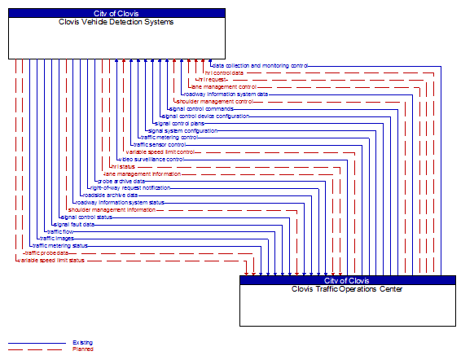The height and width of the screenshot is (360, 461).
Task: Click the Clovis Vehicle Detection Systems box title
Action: pyautogui.click(x=116, y=22)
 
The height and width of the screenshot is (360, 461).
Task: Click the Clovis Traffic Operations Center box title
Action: pyautogui.click(x=348, y=289)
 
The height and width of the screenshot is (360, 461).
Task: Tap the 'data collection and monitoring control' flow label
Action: pyautogui.click(x=260, y=65)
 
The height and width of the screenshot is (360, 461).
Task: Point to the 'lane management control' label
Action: pyautogui.click(x=223, y=86)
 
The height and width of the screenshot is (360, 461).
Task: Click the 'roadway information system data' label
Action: pyautogui.click(x=226, y=94)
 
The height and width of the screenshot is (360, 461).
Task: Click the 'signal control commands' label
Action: pyautogui.click(x=201, y=108)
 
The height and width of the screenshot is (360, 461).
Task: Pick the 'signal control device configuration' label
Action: pyautogui.click(x=205, y=116)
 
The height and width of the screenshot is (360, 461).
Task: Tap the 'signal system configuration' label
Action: pyautogui.click(x=182, y=130)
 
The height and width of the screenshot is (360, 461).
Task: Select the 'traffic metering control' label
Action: pyautogui.click(x=169, y=138)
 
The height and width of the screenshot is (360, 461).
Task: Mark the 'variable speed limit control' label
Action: pyautogui.click(x=160, y=151)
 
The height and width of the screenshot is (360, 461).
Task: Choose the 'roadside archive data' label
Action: pyautogui.click(x=110, y=195)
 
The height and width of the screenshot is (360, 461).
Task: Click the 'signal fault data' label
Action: pyautogui.click(x=73, y=224)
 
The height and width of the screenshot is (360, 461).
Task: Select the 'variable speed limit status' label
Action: pyautogui.click(x=50, y=260)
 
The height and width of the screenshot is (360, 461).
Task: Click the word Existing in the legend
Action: pyautogui.click(x=82, y=343)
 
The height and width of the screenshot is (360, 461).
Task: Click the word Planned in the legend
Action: pyautogui.click(x=82, y=349)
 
